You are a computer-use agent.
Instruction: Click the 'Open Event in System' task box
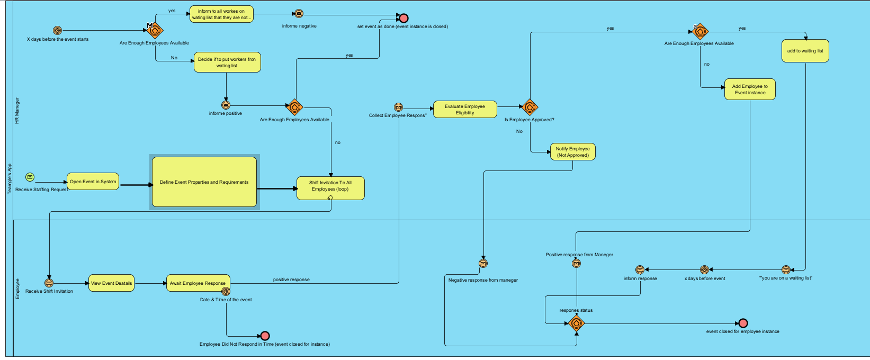(x=93, y=182)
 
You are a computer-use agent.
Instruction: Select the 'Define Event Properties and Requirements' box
(x=204, y=182)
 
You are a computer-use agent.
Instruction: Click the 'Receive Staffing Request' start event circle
(x=30, y=177)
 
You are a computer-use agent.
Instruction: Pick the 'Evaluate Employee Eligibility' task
(x=465, y=110)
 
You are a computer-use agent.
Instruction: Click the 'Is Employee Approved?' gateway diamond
(x=530, y=107)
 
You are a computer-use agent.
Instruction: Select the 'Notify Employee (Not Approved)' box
(x=572, y=152)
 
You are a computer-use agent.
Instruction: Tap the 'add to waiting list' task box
(x=805, y=51)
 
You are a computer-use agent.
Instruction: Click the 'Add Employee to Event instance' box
(x=750, y=89)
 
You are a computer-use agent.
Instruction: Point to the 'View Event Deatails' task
(x=112, y=283)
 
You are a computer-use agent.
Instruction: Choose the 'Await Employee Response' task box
(x=198, y=283)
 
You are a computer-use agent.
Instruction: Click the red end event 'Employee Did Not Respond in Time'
(x=265, y=336)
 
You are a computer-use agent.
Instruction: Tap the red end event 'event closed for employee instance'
(x=743, y=323)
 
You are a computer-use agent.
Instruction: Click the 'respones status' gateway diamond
(x=576, y=323)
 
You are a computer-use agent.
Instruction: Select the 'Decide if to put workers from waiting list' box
(x=227, y=62)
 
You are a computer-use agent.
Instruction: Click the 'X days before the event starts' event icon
(x=58, y=31)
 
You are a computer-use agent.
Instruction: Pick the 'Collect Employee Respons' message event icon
(x=399, y=107)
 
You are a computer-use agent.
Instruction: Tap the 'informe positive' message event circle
(x=226, y=105)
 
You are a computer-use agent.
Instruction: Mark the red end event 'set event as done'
(x=404, y=18)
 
